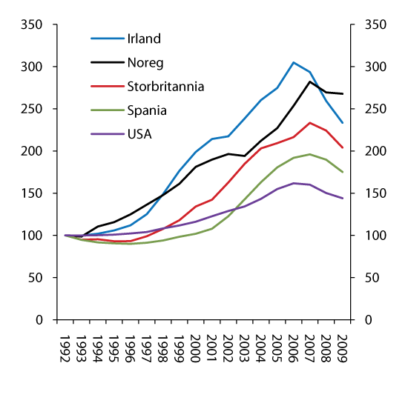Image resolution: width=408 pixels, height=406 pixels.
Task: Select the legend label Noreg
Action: click(144, 62)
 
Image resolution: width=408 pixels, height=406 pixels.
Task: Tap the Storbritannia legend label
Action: click(164, 87)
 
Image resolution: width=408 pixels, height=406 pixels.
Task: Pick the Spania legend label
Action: click(146, 111)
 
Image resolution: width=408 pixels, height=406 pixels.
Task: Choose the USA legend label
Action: click(139, 136)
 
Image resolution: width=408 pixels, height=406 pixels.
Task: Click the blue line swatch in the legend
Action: click(106, 38)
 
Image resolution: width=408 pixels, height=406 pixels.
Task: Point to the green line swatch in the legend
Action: click(106, 111)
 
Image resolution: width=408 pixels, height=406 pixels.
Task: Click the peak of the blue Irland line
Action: click(293, 62)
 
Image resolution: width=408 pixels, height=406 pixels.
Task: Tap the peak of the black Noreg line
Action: click(309, 81)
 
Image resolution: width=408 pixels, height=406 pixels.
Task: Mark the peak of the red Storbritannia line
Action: click(309, 123)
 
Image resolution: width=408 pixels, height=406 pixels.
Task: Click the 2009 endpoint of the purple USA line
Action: click(342, 198)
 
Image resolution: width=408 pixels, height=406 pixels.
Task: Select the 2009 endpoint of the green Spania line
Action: click(342, 172)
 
